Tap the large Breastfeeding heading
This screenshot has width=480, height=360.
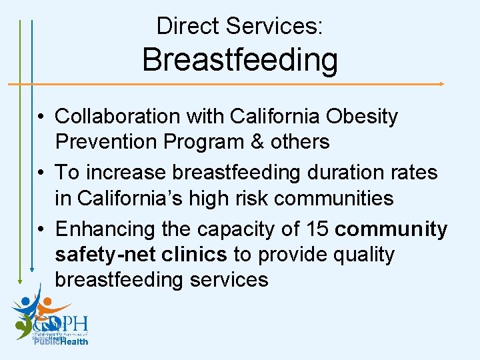click(240, 59)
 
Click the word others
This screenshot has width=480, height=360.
click(297, 142)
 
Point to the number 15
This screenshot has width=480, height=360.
click(316, 229)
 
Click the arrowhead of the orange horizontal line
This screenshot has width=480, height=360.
click(441, 84)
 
